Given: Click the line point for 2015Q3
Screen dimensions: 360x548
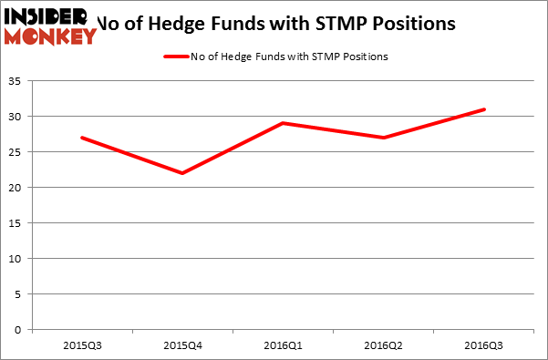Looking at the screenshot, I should click(82, 138).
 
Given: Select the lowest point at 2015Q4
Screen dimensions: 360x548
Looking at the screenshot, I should click(183, 173).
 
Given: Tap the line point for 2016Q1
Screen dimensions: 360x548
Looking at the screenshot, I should click(284, 123).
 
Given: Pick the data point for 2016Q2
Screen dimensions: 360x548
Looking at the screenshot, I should click(384, 138).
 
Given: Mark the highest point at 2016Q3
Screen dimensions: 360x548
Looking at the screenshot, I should click(484, 109).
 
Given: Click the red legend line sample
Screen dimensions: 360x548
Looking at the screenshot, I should click(176, 57).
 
